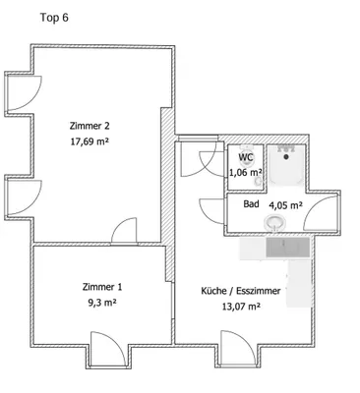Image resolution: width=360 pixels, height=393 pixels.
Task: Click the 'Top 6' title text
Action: coord(54,18)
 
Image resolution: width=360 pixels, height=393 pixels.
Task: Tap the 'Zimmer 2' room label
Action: coord(90,126)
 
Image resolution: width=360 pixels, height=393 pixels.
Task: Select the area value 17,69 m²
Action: coord(90,141)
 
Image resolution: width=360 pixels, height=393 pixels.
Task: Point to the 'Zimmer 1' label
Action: coord(102,287)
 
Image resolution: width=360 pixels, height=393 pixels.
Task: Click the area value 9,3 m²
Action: coord(102,303)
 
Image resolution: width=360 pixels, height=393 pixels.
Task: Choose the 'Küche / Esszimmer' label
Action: coord(241,291)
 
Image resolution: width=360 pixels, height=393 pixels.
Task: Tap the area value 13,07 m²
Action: coord(241,307)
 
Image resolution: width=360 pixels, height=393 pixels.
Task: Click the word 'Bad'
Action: coord(251,204)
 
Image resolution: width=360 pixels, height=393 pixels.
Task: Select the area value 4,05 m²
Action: coord(285,205)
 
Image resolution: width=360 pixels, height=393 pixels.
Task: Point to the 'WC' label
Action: coord(246,157)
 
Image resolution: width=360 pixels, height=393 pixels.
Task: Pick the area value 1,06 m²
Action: coord(245,172)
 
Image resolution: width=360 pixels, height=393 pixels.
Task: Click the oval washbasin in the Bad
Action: coord(274,223)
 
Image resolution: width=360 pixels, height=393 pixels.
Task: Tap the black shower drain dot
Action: coord(286,157)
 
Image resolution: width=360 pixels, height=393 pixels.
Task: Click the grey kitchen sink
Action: coord(288,248)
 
